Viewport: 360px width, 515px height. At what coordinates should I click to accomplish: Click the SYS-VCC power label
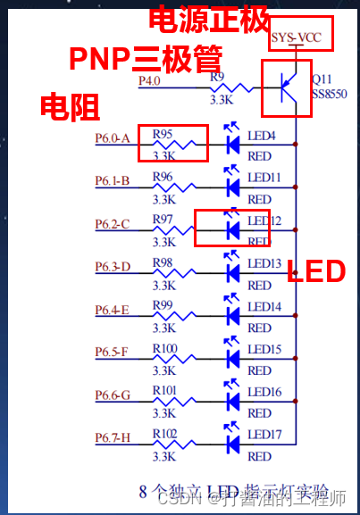click(x=296, y=37)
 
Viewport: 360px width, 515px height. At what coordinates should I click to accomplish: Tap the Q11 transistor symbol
click(x=289, y=87)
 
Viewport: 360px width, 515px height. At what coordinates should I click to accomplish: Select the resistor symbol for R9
click(x=231, y=88)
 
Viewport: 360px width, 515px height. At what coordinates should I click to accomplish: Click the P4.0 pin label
click(x=149, y=80)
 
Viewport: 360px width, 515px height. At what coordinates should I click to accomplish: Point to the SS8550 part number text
click(x=329, y=94)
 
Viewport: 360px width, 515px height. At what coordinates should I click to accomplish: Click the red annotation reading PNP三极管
click(x=146, y=59)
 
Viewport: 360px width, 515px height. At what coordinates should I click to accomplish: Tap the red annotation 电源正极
click(x=209, y=19)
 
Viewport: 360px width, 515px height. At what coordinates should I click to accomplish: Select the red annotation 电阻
click(x=70, y=106)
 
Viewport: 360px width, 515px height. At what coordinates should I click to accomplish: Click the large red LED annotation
click(x=316, y=271)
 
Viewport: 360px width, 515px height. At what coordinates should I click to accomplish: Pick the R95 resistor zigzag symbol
click(x=174, y=145)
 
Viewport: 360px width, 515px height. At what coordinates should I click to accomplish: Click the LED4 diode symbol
click(x=233, y=141)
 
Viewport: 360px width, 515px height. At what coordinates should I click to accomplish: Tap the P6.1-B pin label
click(x=113, y=180)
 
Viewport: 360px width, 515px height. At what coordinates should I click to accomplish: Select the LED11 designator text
click(x=264, y=178)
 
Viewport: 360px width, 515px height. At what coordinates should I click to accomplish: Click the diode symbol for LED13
click(x=233, y=270)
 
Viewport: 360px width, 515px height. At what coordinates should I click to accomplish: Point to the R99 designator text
click(x=163, y=305)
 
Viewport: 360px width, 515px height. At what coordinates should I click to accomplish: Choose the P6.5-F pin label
click(x=112, y=352)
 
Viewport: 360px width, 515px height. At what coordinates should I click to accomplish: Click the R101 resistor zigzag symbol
click(x=174, y=402)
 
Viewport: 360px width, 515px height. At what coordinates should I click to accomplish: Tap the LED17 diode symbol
click(x=233, y=441)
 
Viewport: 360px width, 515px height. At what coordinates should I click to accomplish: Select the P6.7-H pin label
click(x=113, y=437)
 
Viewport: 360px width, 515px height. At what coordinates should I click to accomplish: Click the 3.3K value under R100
click(x=164, y=370)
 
